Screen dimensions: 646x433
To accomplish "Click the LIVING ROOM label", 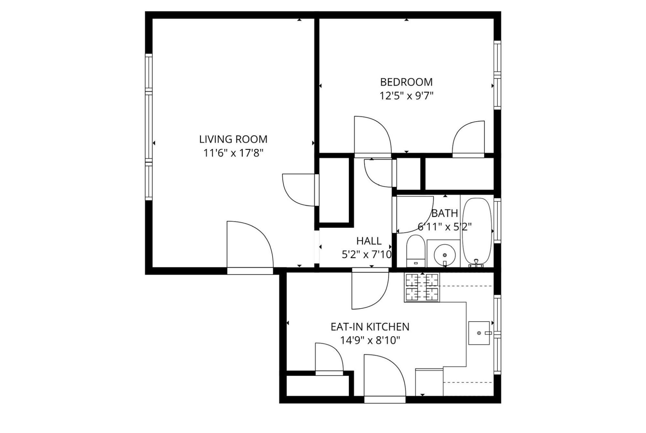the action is pyautogui.click(x=233, y=139).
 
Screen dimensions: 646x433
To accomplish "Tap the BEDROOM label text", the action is pyautogui.click(x=406, y=82).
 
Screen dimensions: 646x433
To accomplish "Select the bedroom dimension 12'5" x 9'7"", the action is pyautogui.click(x=406, y=96).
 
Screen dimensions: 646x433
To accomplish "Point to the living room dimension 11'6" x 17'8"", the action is pyautogui.click(x=233, y=153).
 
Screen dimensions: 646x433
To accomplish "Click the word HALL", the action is pyautogui.click(x=369, y=241).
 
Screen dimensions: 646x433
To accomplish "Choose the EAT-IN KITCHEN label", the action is pyautogui.click(x=370, y=327).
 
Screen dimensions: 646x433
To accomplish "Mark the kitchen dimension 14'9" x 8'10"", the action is pyautogui.click(x=370, y=340).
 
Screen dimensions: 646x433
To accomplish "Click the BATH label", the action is pyautogui.click(x=445, y=213).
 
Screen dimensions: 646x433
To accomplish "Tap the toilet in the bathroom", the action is pyautogui.click(x=415, y=251).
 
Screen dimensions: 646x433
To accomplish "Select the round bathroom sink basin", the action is pyautogui.click(x=444, y=255).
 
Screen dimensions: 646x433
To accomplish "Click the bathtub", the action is pyautogui.click(x=477, y=232).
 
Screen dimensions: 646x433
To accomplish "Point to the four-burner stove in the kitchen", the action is pyautogui.click(x=422, y=287).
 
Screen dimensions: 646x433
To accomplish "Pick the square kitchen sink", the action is pyautogui.click(x=479, y=333).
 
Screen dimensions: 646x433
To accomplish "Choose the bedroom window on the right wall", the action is pyautogui.click(x=497, y=75).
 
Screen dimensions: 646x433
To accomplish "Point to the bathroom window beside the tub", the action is pyautogui.click(x=497, y=221).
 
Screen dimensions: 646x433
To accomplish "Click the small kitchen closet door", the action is pyautogui.click(x=329, y=357).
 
